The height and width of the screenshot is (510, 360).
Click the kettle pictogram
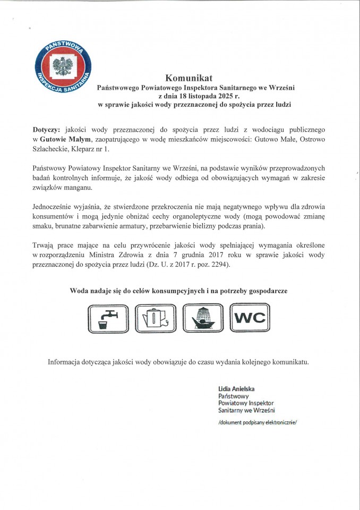point(153,319)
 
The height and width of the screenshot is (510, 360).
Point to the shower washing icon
point(202,319)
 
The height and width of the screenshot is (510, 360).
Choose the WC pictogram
point(250,319)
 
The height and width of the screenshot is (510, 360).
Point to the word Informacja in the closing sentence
point(67,362)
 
